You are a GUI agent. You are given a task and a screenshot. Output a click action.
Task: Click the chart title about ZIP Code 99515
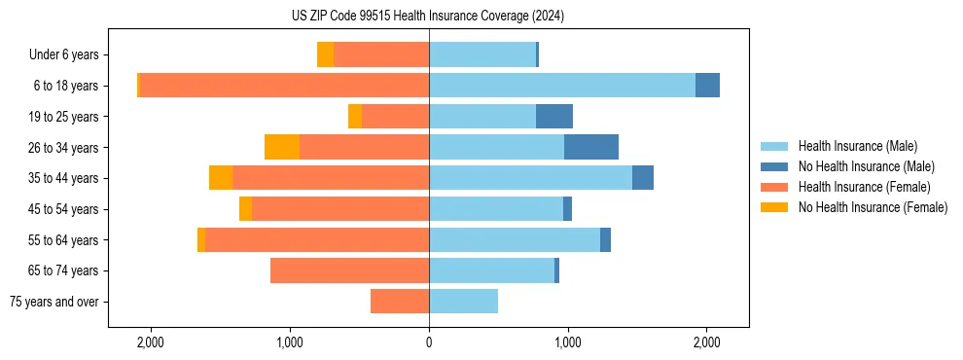coord(428,17)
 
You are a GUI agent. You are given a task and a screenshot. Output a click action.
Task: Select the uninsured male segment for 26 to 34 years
coord(591,147)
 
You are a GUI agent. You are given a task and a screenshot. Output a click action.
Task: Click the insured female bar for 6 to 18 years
coord(284,86)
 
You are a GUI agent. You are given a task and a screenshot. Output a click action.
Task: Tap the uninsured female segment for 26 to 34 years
coord(282,147)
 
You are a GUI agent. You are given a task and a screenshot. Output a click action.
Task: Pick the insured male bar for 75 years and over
coord(463,302)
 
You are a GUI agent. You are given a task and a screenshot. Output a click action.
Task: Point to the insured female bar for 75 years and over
coord(400,302)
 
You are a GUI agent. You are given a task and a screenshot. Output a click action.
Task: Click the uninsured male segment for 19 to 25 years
coord(554,117)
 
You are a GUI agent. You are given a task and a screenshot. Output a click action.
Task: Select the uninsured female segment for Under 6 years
coord(325,54)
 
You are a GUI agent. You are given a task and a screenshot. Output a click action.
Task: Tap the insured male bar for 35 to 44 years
coord(530,178)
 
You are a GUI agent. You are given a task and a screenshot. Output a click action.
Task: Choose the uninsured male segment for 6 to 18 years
coord(707,86)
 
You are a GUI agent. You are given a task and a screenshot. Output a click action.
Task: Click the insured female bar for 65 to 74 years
coord(349,270)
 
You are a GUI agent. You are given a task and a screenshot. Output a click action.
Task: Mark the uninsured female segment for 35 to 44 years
coord(221,178)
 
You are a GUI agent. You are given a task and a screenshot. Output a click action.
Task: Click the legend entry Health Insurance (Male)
coord(857,146)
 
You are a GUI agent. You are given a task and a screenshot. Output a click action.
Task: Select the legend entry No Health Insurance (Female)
coord(873,207)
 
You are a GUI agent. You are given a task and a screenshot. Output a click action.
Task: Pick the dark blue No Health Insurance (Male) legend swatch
coord(775,166)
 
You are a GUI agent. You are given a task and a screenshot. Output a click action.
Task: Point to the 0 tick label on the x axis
coord(429,342)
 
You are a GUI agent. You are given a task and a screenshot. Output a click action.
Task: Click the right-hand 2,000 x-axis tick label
coord(706,342)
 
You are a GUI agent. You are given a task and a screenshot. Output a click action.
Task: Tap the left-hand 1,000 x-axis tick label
coord(290,342)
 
